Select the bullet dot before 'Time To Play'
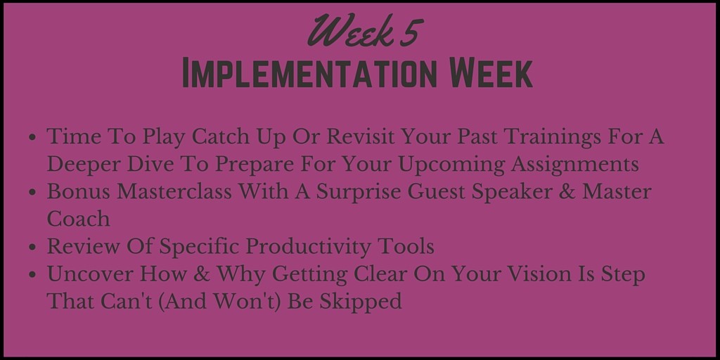32,137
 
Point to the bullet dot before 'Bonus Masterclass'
32,193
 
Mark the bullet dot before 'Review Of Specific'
32,247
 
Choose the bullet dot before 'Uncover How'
32,275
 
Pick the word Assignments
574,165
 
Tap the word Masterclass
174,192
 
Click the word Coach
79,219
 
